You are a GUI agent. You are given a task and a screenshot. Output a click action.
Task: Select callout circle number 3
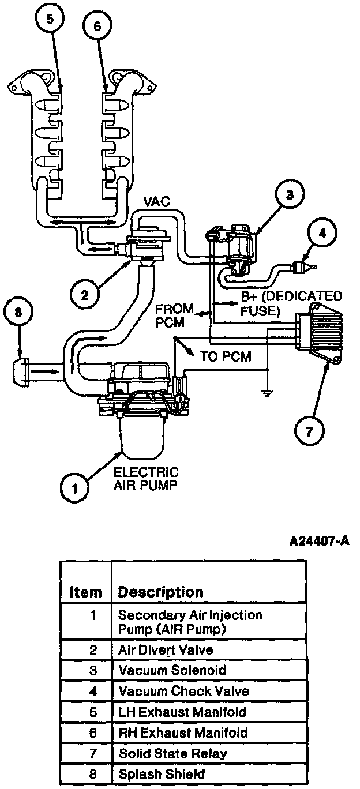point(290,195)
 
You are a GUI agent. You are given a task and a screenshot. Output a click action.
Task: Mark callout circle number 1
point(75,489)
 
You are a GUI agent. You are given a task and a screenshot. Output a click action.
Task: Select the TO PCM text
point(226,357)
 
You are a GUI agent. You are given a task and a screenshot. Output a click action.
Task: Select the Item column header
point(86,592)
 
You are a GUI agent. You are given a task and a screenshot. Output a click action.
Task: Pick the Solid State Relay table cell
point(172,753)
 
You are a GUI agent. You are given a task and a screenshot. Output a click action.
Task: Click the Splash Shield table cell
point(162,774)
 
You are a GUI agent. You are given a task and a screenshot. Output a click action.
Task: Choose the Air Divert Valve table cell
point(166,650)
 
